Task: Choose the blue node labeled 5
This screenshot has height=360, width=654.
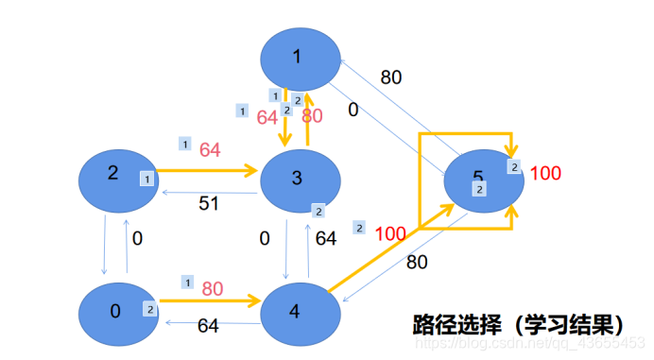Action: point(478,180)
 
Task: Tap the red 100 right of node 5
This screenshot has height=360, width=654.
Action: point(545,173)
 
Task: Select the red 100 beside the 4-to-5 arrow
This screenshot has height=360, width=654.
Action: point(390,233)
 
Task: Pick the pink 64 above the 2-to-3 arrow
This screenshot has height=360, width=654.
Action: point(209,149)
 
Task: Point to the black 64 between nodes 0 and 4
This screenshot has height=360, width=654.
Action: point(209,326)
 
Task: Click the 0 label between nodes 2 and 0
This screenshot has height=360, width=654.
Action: point(138,239)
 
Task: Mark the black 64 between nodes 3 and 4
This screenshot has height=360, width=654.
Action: point(326,239)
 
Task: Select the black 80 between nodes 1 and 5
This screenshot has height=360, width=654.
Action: point(391,77)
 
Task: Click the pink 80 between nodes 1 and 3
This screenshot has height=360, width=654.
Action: point(312,116)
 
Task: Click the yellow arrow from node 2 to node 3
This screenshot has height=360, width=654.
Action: point(208,172)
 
